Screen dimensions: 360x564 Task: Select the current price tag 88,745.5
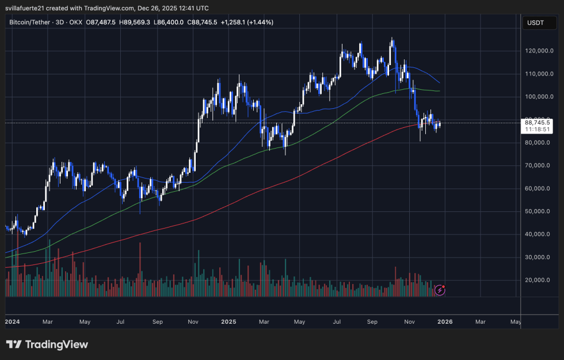(538, 122)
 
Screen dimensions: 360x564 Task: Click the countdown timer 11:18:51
(538, 130)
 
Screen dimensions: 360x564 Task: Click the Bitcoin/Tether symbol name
(28, 22)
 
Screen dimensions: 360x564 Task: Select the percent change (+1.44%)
(258, 22)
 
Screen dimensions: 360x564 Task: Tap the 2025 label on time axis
(228, 321)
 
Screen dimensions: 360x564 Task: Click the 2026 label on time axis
(445, 321)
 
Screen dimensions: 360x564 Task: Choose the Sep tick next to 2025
(372, 321)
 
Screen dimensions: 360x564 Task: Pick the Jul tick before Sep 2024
(121, 321)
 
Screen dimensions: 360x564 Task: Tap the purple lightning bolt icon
(440, 290)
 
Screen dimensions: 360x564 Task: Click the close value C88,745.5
(204, 22)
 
